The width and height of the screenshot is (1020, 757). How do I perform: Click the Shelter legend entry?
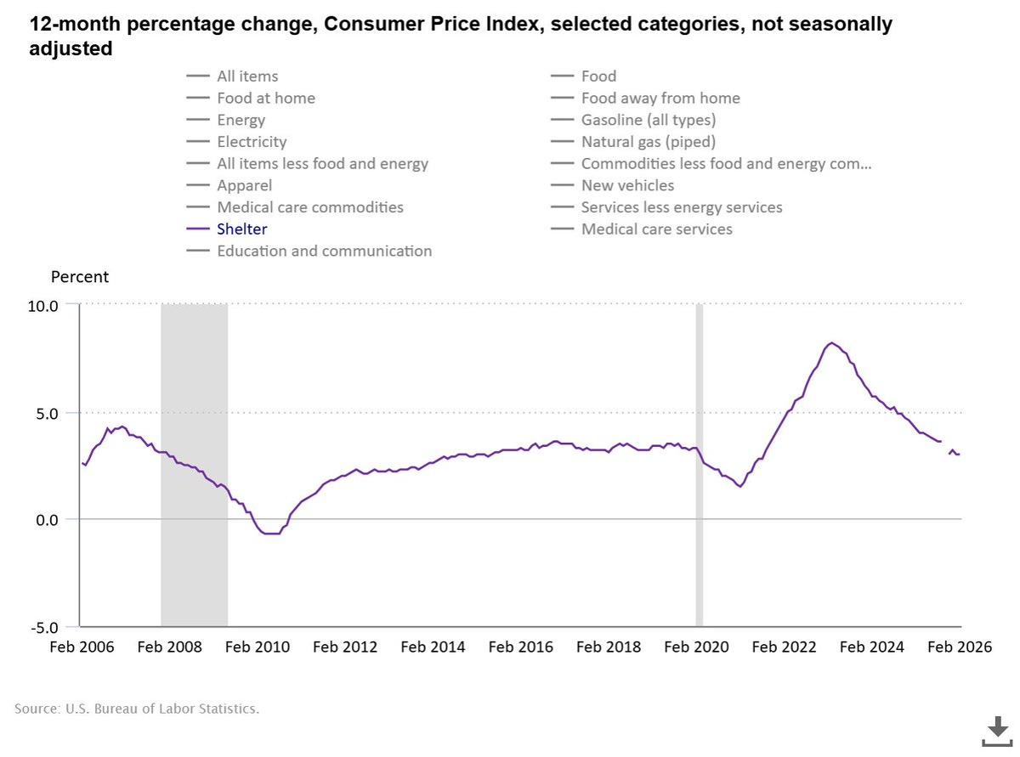(241, 229)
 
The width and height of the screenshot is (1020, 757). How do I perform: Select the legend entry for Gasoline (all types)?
(648, 120)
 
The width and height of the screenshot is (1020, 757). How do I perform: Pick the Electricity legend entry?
(252, 142)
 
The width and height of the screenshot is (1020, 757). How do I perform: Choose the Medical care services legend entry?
(656, 229)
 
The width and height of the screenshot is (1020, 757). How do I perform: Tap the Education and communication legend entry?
(324, 251)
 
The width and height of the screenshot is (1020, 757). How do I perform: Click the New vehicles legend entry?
(627, 185)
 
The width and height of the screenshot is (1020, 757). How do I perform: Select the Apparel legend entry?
(244, 185)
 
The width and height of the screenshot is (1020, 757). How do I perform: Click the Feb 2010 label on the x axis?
(257, 647)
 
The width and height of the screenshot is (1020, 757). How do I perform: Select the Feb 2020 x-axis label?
(697, 647)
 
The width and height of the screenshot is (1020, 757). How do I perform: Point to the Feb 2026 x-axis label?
(960, 647)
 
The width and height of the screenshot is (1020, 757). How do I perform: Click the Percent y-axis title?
(80, 277)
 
